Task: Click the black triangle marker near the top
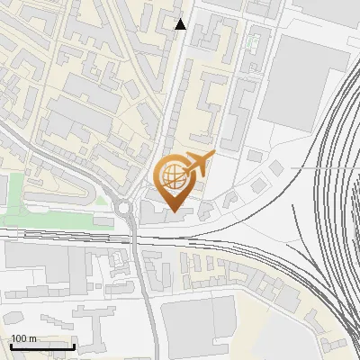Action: click(181, 24)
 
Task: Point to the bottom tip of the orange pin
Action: click(173, 212)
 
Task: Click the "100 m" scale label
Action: click(23, 338)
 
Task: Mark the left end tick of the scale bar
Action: click(11, 346)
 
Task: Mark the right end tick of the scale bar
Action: click(74, 346)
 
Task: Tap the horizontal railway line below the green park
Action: click(54, 233)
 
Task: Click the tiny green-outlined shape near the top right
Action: click(255, 40)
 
